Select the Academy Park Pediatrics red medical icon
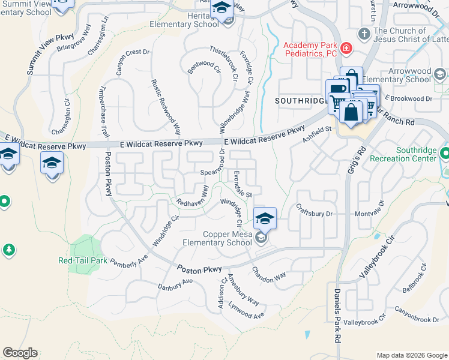tap(346, 48)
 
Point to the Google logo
tap(20, 353)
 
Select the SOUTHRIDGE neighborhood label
tap(300, 101)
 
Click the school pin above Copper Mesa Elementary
tap(265, 218)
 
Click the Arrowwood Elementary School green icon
tap(440, 74)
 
